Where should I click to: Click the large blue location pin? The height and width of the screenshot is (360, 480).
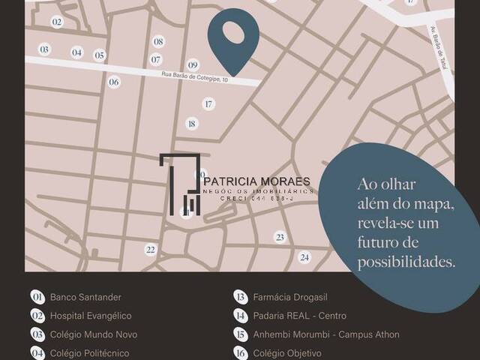[233, 37]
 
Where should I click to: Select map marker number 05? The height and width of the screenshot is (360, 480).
[99, 55]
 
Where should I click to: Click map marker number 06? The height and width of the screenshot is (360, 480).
[113, 82]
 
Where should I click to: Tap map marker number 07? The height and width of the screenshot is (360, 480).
[156, 59]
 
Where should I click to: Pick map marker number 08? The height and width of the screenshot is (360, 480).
[158, 42]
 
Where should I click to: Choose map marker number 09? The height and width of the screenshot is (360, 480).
[193, 65]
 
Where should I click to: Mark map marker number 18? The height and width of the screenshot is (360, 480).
[192, 124]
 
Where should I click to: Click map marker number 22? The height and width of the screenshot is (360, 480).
[151, 250]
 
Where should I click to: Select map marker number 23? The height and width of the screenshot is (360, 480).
[280, 238]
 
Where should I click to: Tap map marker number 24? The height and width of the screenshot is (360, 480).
[304, 257]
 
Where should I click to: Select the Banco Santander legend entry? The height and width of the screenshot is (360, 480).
[85, 297]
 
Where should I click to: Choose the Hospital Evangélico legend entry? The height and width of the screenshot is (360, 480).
[91, 316]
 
